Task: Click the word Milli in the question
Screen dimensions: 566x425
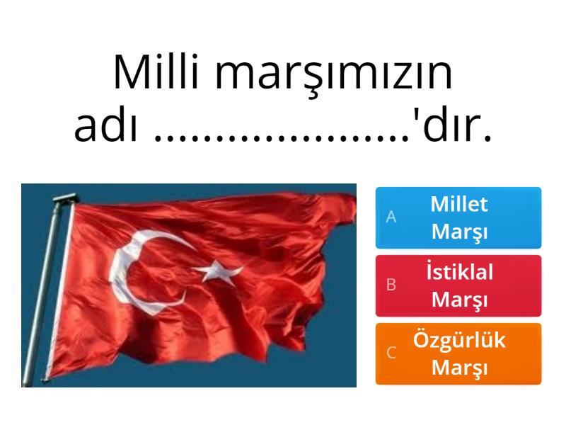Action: tap(156, 72)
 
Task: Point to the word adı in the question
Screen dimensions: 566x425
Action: tap(105, 125)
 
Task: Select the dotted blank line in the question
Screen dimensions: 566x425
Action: tap(282, 138)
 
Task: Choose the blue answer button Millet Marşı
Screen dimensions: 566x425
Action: tap(458, 217)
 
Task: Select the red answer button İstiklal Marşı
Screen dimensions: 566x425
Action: tap(458, 286)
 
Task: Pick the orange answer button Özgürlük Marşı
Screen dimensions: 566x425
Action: tap(458, 353)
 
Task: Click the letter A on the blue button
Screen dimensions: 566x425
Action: tap(391, 217)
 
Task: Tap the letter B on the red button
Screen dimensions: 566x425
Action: tap(391, 285)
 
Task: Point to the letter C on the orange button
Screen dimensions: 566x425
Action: tap(391, 353)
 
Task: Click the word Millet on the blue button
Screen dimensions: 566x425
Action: tap(459, 204)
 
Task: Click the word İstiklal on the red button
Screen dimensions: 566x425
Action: tap(459, 271)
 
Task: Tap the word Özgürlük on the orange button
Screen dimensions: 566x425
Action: tap(459, 340)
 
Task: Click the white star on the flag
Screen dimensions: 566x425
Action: tap(217, 271)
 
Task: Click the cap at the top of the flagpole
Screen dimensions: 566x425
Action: tap(64, 198)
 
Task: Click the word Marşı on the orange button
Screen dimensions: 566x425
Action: tap(459, 368)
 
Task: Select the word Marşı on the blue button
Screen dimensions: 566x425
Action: tap(459, 232)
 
